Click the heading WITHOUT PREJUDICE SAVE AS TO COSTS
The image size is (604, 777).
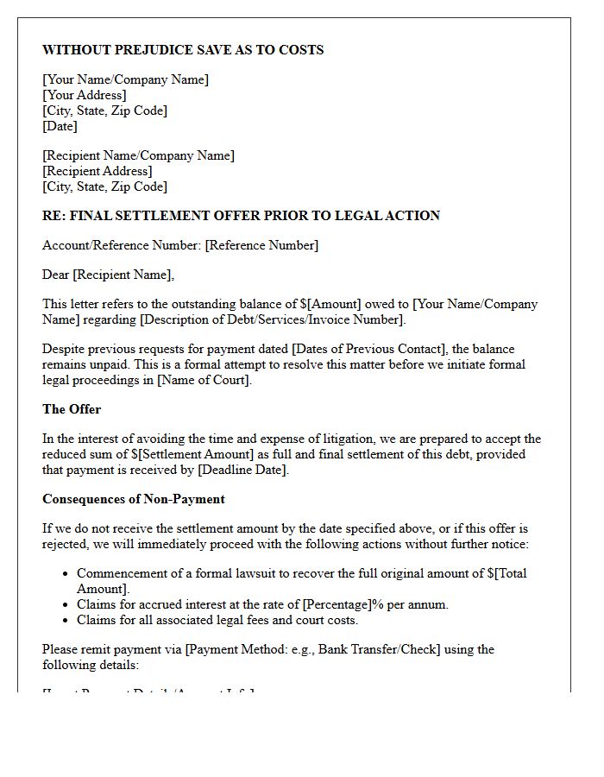point(183,50)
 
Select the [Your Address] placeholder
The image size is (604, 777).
point(85,95)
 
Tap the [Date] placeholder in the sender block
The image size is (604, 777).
point(60,126)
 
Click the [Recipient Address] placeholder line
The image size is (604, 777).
point(98,171)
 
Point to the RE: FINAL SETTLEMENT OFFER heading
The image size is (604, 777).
point(241,215)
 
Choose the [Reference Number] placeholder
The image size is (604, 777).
point(261,245)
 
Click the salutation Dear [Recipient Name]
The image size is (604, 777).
point(108,275)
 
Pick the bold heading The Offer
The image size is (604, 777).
point(72,409)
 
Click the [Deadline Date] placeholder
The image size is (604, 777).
point(242,470)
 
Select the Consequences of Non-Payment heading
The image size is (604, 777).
point(134,499)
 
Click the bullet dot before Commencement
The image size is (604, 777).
point(66,573)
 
